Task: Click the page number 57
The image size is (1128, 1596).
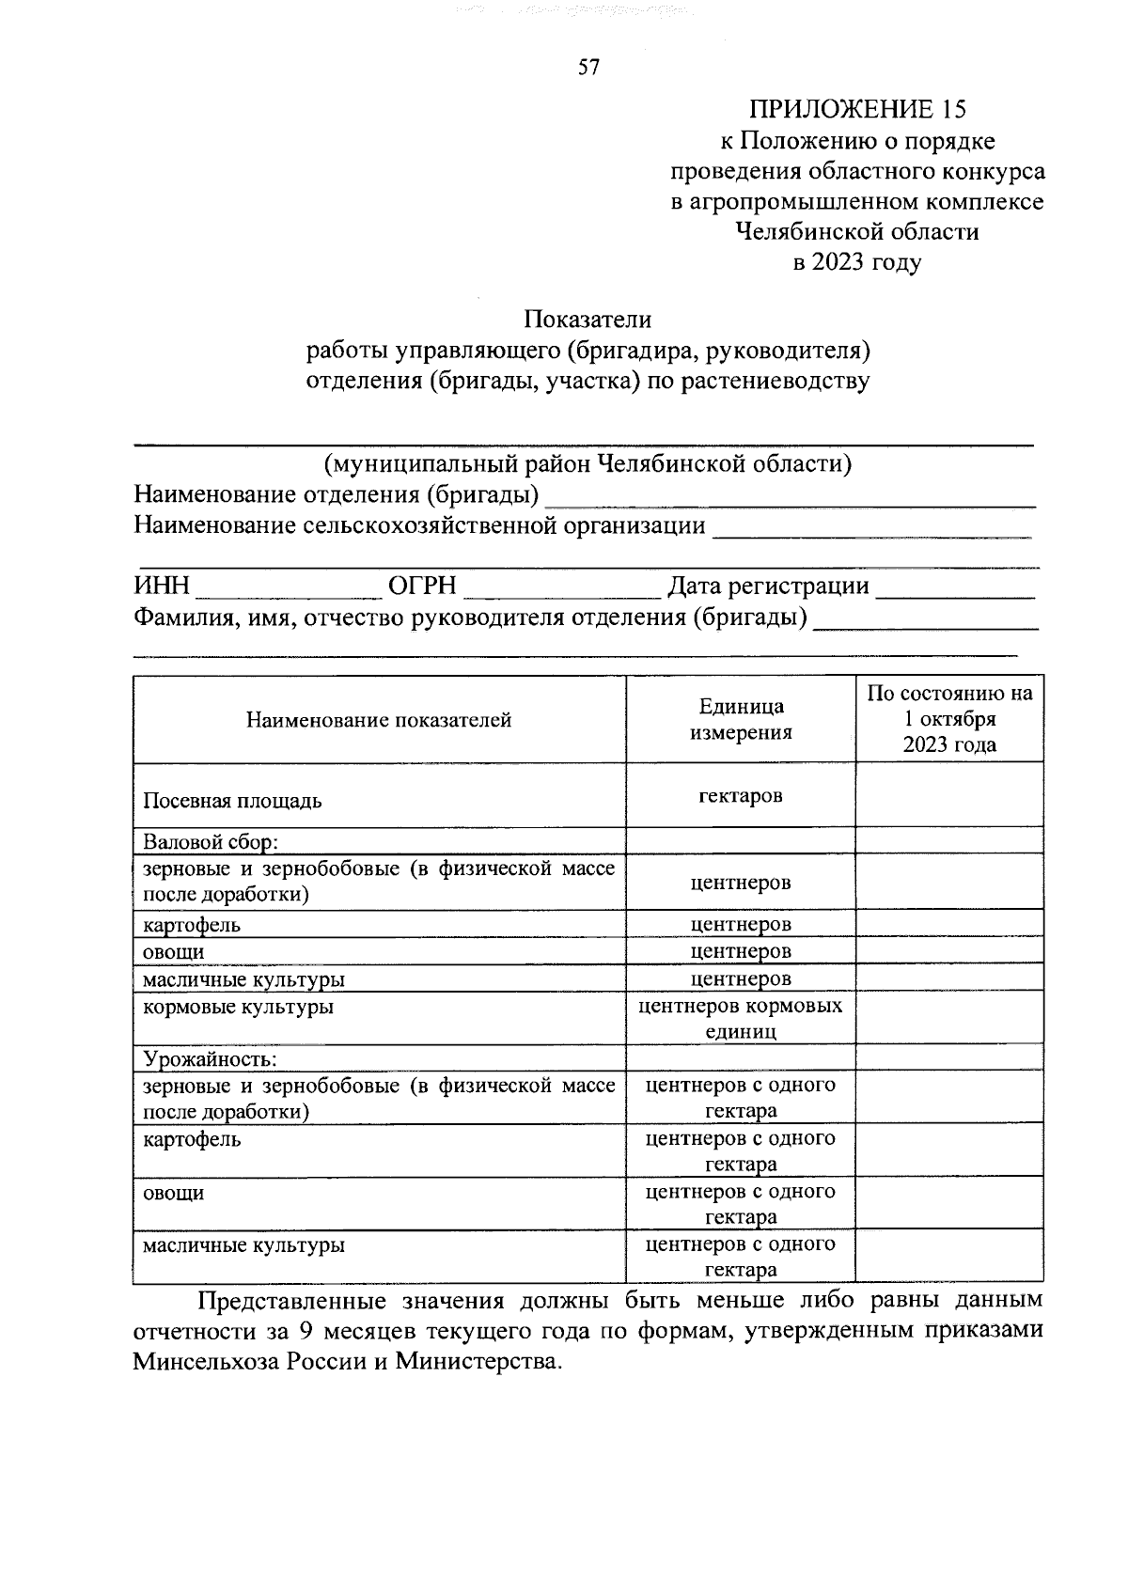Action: click(x=588, y=67)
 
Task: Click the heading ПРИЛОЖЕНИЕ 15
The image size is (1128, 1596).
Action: click(x=856, y=110)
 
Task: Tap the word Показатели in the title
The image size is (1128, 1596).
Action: click(x=587, y=320)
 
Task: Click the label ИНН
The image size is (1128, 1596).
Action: click(x=162, y=587)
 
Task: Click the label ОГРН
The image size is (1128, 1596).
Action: click(x=423, y=587)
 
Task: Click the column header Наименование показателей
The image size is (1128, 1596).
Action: click(x=379, y=720)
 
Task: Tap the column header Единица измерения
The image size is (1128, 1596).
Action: click(x=741, y=719)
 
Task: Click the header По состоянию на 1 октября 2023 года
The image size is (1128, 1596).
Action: click(x=949, y=719)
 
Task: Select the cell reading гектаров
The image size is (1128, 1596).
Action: click(x=741, y=795)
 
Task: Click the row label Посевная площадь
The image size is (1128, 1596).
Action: click(x=232, y=801)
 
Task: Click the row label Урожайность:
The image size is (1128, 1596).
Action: click(x=210, y=1058)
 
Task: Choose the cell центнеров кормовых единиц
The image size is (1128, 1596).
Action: click(x=741, y=1019)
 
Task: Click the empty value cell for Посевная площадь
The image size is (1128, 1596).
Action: click(x=949, y=795)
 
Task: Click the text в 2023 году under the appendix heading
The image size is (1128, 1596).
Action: click(x=856, y=262)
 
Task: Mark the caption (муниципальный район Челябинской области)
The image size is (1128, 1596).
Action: click(x=587, y=463)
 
